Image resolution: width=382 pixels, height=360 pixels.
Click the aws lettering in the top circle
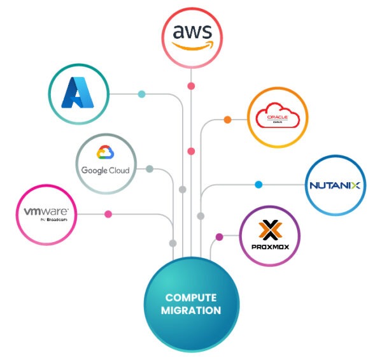pyautogui.click(x=191, y=31)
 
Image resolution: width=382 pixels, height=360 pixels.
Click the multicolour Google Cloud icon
pyautogui.click(x=105, y=153)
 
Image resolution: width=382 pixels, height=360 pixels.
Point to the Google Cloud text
pyautogui.click(x=105, y=170)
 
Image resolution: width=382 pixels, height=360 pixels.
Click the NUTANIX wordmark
pyautogui.click(x=335, y=185)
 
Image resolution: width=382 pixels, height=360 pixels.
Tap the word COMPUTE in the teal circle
pyautogui.click(x=191, y=298)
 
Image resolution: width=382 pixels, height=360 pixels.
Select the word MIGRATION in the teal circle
pyautogui.click(x=191, y=311)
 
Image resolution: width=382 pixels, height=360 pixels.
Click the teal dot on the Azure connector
pyautogui.click(x=141, y=94)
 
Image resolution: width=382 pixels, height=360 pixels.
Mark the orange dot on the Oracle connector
pyautogui.click(x=227, y=119)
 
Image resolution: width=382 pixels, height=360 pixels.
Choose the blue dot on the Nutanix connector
pyautogui.click(x=258, y=185)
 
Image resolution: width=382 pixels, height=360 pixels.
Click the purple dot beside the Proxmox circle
pyautogui.click(x=220, y=237)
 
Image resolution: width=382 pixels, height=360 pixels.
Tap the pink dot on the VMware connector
pyautogui.click(x=108, y=214)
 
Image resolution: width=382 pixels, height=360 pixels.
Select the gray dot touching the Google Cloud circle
pyautogui.click(x=150, y=169)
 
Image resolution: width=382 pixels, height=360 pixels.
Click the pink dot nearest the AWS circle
pyautogui.click(x=191, y=85)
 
